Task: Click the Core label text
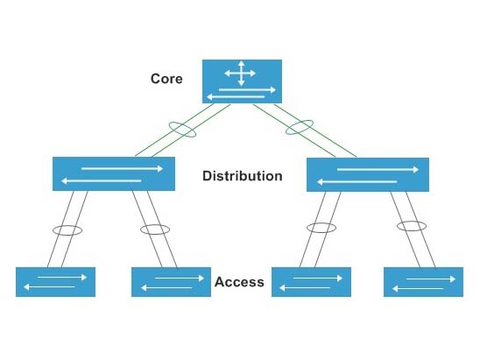click(166, 78)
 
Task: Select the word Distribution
click(242, 176)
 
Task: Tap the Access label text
click(238, 283)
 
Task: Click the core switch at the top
click(243, 81)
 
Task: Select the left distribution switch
click(109, 173)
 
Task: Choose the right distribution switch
click(368, 174)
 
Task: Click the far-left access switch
click(55, 281)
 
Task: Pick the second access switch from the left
click(171, 282)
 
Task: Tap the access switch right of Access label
click(311, 282)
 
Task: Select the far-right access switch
click(423, 282)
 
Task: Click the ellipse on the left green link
click(184, 130)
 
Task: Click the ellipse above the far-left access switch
click(67, 231)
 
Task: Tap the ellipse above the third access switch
click(321, 228)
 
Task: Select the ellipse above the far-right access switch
click(411, 226)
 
